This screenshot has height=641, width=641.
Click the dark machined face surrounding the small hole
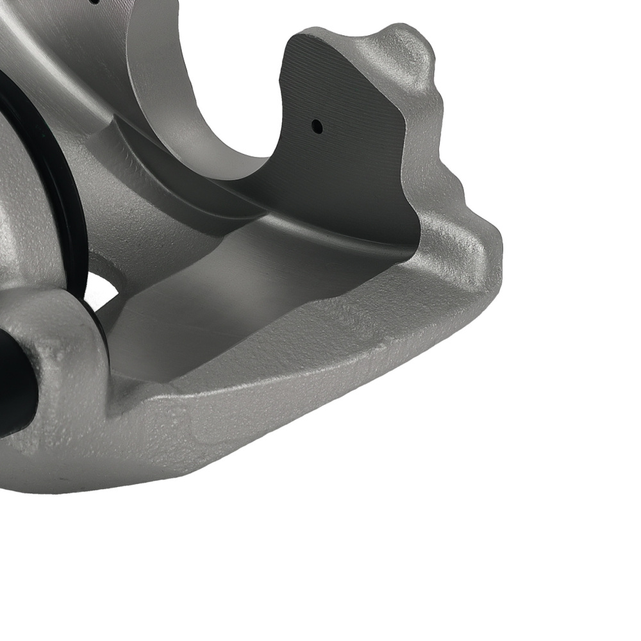tap(346, 167)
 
